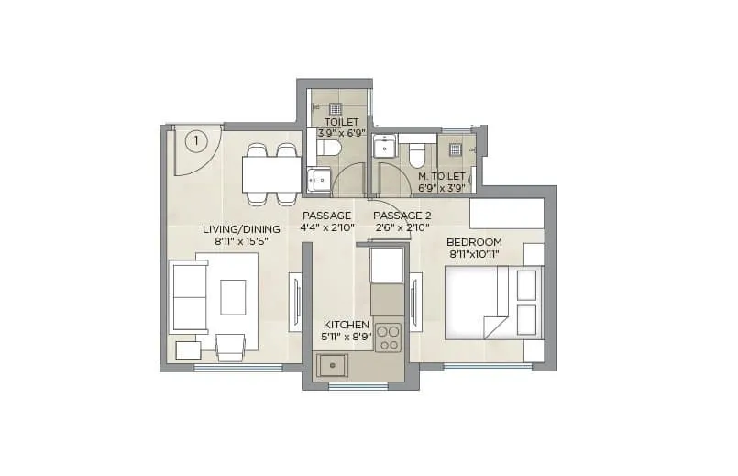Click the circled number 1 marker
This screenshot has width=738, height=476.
[x=194, y=140]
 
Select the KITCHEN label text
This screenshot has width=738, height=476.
[x=347, y=325]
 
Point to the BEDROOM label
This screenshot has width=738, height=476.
[x=474, y=242]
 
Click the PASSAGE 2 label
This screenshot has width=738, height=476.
[x=402, y=216]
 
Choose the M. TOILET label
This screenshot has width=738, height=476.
[x=442, y=176]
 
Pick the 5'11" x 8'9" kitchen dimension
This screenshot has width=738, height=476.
[x=347, y=338]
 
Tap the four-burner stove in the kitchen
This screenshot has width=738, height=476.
[x=388, y=337]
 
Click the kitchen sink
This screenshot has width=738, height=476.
[x=331, y=365]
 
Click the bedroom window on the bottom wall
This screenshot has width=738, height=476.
[x=487, y=367]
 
